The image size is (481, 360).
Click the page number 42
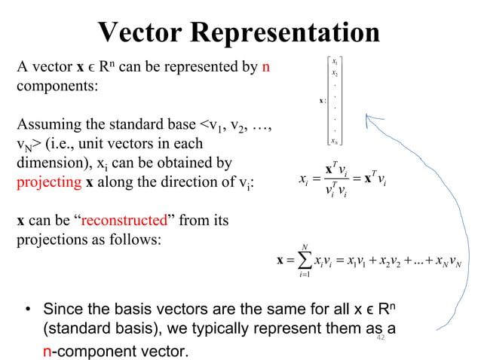pyautogui.click(x=381, y=340)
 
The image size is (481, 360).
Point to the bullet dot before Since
pyautogui.click(x=27, y=310)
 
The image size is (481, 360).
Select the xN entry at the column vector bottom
pyautogui.click(x=335, y=140)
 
